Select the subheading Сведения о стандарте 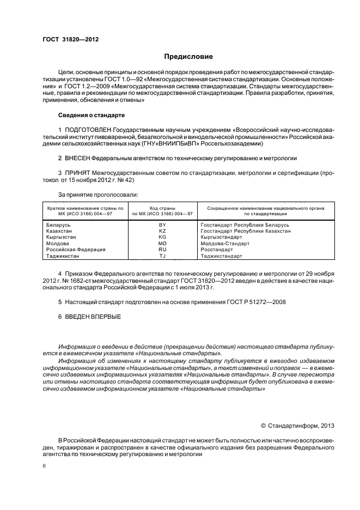[91, 116]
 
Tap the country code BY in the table [162, 224]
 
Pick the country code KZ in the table [162, 231]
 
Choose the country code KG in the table [162, 237]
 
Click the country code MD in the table [162, 243]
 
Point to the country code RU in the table [162, 249]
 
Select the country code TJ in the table [162, 256]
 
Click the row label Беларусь [59, 224]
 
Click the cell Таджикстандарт [222, 256]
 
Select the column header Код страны [162, 208]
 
